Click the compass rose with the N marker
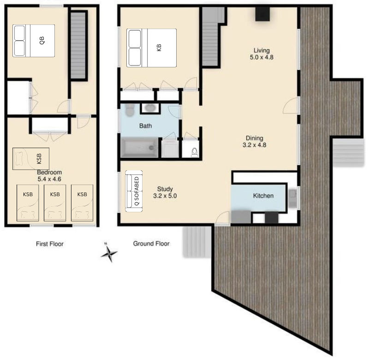109,252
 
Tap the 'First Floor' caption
50,244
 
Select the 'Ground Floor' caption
151,244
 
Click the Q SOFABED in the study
135,192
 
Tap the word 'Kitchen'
263,196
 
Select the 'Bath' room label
146,126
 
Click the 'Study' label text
165,189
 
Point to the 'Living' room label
262,50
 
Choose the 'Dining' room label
254,138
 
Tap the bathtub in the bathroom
139,148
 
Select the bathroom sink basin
149,108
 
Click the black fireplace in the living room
263,15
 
